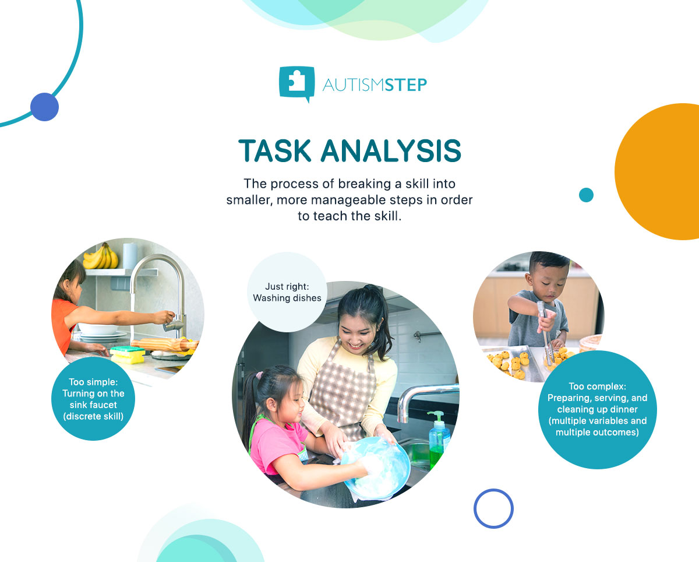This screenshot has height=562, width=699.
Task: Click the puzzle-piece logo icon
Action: [297, 83]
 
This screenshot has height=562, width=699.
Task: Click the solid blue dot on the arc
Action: [44, 107]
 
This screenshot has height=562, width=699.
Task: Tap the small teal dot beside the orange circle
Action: [586, 195]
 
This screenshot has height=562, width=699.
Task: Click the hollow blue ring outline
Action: [493, 508]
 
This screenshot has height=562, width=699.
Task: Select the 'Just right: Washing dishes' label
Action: [287, 292]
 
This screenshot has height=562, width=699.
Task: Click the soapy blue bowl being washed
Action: [377, 466]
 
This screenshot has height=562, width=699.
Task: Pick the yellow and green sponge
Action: [128, 353]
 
